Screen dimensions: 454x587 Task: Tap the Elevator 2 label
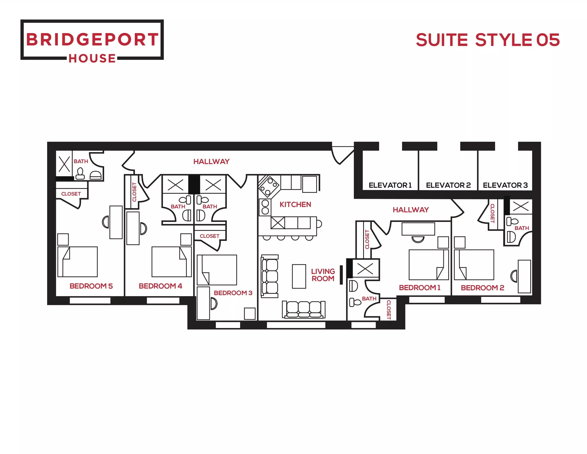click(448, 185)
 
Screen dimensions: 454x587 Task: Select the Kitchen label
click(295, 204)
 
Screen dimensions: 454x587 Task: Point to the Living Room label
click(323, 275)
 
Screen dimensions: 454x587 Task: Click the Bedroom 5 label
click(91, 286)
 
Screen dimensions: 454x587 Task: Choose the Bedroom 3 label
click(233, 293)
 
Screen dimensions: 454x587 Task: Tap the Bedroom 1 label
click(420, 288)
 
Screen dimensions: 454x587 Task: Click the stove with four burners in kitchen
click(269, 186)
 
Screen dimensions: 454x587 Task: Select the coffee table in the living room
click(299, 276)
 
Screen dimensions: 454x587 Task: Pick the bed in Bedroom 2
click(474, 264)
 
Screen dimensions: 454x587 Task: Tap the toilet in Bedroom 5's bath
click(80, 174)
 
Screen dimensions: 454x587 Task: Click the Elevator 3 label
click(505, 185)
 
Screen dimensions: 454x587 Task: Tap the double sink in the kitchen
click(265, 207)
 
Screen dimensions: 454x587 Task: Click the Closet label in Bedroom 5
click(71, 194)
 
